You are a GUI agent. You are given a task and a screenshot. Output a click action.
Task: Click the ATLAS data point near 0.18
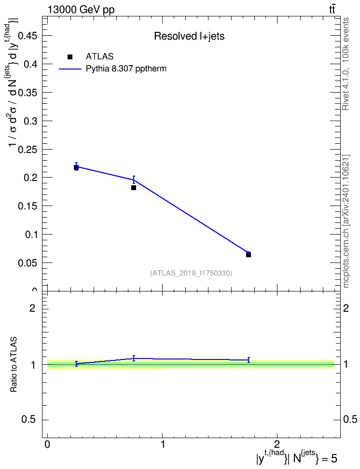coord(134,188)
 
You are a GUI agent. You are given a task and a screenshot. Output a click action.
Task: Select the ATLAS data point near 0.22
coord(76,167)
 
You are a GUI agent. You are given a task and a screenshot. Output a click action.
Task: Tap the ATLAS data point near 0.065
coord(249,255)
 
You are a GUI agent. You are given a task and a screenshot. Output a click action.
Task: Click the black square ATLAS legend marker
coord(70,57)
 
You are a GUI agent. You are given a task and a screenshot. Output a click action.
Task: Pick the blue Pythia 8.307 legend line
coord(70,69)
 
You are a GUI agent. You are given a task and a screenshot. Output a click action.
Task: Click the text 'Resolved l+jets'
coord(189,36)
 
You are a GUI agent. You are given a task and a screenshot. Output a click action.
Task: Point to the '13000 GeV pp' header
coord(81,10)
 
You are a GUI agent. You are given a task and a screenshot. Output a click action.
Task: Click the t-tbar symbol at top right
coord(332,10)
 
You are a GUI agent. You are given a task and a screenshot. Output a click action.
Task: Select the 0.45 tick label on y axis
coord(28,36)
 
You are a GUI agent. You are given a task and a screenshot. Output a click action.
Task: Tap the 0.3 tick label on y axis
coord(30,121)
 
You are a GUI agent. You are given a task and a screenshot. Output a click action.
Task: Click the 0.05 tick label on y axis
coord(28,263)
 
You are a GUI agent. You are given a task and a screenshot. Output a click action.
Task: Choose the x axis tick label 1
coord(163,444)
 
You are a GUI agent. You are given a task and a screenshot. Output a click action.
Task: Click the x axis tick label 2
coord(277,444)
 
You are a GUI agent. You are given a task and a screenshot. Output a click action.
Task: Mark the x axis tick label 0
coord(47,444)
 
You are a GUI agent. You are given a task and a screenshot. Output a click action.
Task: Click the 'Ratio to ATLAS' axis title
coord(14,365)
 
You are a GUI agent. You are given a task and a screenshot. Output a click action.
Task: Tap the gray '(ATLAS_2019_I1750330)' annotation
coord(191,273)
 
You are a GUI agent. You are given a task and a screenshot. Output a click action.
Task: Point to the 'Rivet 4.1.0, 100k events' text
coord(346,64)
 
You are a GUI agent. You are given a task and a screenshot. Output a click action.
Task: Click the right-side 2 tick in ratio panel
coord(346,308)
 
